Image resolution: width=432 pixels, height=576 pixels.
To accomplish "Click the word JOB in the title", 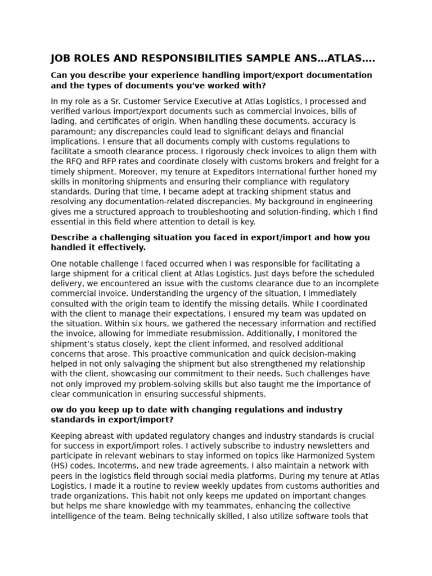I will (61, 58).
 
